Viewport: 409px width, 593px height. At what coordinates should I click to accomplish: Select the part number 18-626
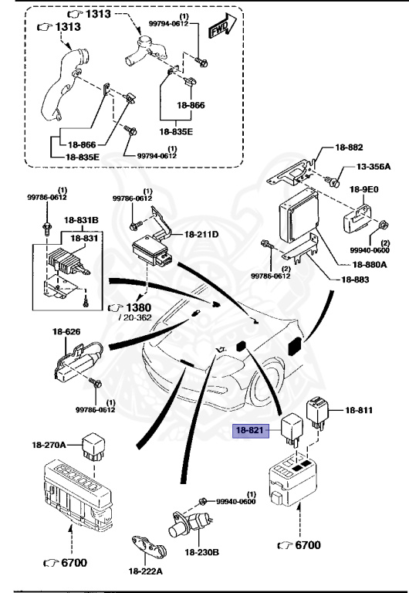66,332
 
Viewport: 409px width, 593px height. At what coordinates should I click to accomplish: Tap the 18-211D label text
201,234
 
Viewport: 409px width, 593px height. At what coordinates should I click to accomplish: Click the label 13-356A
374,167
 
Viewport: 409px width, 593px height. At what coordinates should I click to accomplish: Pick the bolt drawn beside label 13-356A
333,180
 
